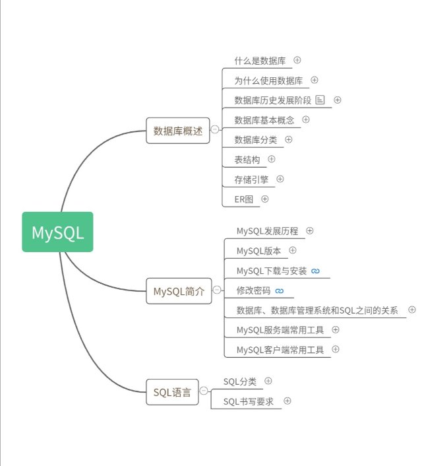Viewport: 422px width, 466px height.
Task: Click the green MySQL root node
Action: (57, 232)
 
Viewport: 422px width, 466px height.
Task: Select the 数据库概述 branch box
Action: (177, 130)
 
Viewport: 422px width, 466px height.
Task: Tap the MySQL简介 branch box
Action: (179, 290)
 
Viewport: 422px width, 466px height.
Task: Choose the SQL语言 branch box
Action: (172, 392)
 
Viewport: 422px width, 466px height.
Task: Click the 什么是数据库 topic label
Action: (260, 61)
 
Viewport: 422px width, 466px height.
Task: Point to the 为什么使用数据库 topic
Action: (268, 81)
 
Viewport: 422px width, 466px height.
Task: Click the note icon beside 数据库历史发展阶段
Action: (320, 100)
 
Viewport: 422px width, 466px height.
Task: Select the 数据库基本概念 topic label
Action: (264, 120)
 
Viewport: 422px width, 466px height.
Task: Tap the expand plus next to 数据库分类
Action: (288, 139)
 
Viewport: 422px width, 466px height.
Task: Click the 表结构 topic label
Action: (247, 159)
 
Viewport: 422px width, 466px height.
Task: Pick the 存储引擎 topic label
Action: (251, 179)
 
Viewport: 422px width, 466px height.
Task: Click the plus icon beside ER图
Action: (265, 199)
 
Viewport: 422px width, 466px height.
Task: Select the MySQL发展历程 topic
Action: (267, 231)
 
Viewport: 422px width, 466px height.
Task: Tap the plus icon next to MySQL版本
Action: (293, 251)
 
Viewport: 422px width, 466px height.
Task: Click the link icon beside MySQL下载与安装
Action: (315, 271)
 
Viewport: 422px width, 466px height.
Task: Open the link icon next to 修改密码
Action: (280, 290)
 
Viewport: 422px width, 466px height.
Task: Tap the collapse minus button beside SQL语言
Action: (203, 391)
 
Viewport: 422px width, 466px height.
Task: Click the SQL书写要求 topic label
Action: (248, 401)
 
